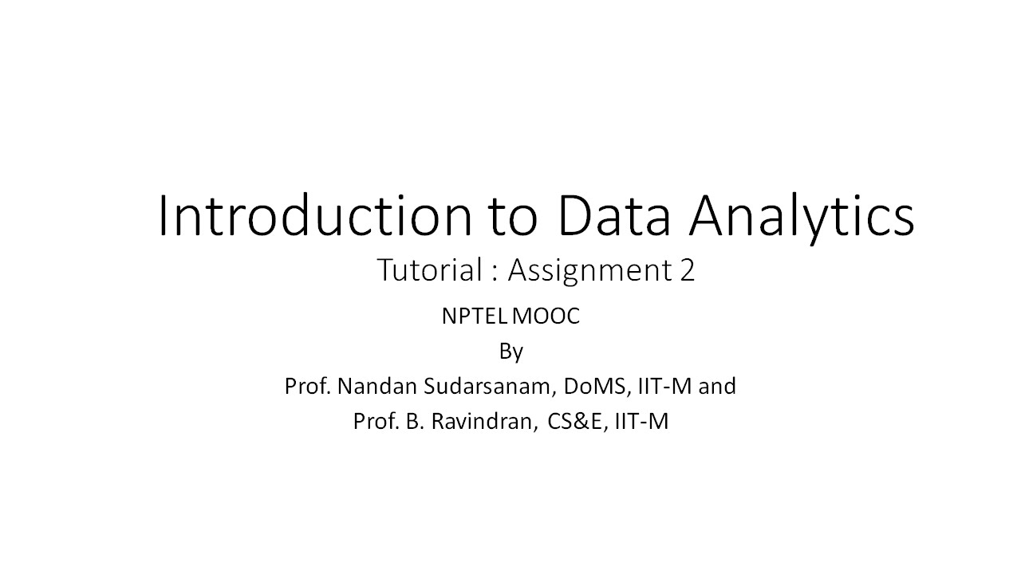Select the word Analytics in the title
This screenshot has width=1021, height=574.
(x=802, y=216)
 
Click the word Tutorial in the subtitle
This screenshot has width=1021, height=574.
(x=428, y=270)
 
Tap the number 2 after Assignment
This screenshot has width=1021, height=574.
(x=688, y=271)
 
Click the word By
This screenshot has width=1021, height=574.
(x=510, y=352)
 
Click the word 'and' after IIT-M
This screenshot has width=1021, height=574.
(x=717, y=387)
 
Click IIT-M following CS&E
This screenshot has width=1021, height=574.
(x=641, y=422)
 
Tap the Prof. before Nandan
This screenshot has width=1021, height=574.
(x=307, y=387)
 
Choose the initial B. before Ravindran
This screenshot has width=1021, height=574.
(x=412, y=422)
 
